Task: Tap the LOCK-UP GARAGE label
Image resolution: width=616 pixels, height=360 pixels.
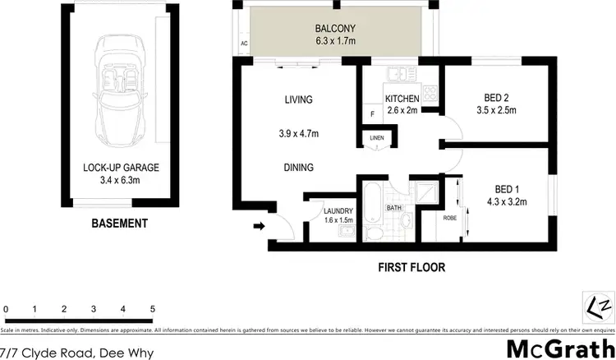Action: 121,168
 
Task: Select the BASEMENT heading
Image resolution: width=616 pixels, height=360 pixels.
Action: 120,223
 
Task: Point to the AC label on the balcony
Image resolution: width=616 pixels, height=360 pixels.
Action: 244,44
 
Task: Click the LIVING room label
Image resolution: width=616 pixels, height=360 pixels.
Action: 298,100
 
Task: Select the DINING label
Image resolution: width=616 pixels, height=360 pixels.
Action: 299,168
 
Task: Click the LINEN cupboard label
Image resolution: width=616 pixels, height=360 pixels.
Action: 377,137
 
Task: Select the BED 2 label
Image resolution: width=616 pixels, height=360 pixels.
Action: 493,95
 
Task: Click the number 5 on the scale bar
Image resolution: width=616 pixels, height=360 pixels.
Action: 153,309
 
